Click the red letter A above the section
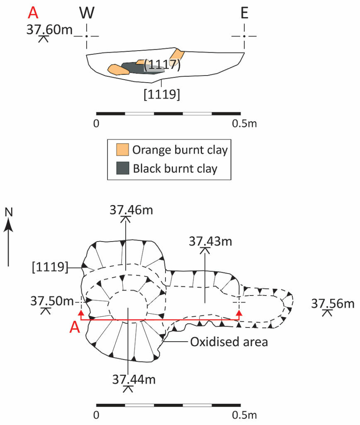coord(33,12)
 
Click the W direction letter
coord(87,12)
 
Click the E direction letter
coord(244,12)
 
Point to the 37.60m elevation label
coord(50,29)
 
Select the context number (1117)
coord(162,64)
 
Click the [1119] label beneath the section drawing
coord(162,94)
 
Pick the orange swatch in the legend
coord(122,149)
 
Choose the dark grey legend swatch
coord(122,168)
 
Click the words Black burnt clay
coord(175,169)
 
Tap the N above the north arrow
coord(9,212)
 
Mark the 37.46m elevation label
coord(131,210)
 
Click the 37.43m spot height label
coord(210,241)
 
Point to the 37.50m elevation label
coord(52,301)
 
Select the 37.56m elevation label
coord(333,303)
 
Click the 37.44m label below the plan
coord(134,379)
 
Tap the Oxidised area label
coord(229,342)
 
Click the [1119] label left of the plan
coord(50,267)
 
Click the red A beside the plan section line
coord(75,327)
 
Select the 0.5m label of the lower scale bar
coord(244,415)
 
